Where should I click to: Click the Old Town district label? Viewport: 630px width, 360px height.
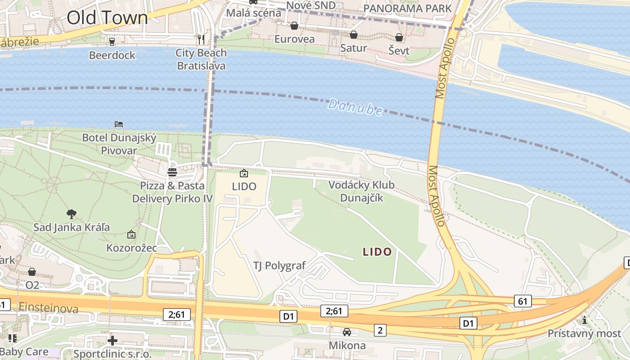point(107,18)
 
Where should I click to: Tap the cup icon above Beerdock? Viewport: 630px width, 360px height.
point(112,41)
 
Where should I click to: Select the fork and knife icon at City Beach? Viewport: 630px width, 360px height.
point(201,40)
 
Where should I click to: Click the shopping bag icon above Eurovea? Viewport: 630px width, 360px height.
point(294,26)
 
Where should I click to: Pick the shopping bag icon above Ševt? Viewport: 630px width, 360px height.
point(399,37)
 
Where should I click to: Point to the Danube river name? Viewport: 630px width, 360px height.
point(355,108)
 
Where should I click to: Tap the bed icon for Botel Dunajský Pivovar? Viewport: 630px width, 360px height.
point(119,124)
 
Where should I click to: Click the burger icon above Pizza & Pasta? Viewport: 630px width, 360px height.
point(172,172)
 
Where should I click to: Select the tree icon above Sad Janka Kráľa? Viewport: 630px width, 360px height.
point(71,214)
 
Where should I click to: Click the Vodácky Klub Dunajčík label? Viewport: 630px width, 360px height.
point(361,191)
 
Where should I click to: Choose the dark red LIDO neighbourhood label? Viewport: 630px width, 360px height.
point(377,252)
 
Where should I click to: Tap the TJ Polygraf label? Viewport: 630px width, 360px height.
point(279,265)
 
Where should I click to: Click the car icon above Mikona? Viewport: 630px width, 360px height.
point(347,332)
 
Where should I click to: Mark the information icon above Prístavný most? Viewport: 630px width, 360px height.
point(585,320)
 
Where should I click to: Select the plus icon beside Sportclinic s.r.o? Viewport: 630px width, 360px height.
point(112,340)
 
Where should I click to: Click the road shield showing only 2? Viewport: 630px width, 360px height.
point(380,331)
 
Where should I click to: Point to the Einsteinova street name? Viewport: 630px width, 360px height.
point(49,308)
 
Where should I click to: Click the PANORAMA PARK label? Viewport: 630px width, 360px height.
point(407,8)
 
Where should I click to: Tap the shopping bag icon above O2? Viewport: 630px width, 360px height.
point(32,272)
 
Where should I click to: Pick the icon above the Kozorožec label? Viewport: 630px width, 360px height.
point(131,234)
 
